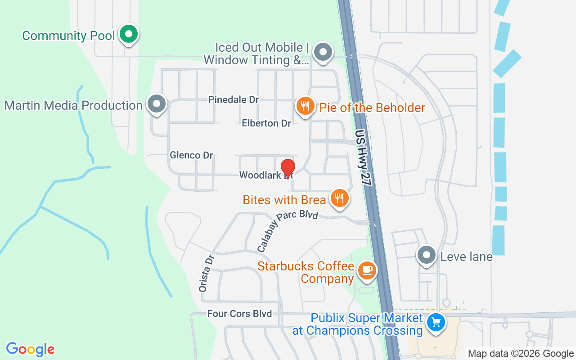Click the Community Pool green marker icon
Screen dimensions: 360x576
[x=129, y=34]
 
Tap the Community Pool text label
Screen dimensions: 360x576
[x=68, y=36]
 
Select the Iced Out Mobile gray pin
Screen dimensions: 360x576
[x=323, y=52]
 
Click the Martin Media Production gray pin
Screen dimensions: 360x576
[x=157, y=104]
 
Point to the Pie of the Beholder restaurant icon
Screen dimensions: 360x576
[x=305, y=107]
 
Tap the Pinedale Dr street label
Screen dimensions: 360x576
[x=234, y=99]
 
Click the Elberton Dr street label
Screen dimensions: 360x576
[x=266, y=123]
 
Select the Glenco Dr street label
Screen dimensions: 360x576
[x=191, y=155]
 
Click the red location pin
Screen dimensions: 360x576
[x=288, y=169]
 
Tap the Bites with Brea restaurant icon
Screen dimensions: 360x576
[x=339, y=198]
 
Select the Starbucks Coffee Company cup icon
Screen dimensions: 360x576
[x=367, y=270]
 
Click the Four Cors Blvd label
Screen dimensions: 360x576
[x=239, y=314]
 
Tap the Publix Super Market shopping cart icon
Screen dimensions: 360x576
[x=436, y=322]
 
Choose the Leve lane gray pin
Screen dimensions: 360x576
[x=427, y=255]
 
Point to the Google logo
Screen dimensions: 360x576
[x=31, y=349]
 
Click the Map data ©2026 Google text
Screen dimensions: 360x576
[x=521, y=354]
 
